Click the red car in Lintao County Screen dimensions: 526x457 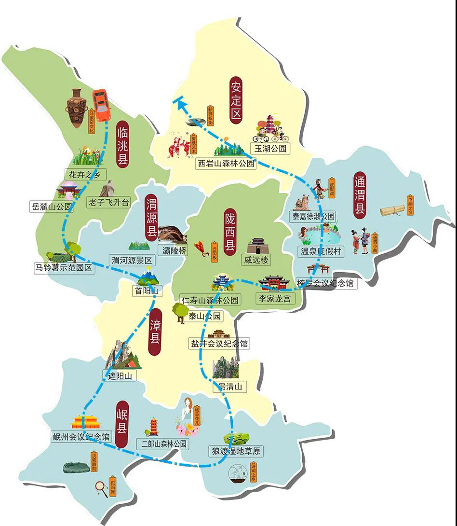tap(101, 105)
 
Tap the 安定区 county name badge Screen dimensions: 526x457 tap(236, 100)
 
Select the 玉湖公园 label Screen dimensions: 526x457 tap(270, 149)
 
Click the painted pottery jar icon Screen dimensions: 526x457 tap(77, 108)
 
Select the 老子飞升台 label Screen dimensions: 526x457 tap(108, 203)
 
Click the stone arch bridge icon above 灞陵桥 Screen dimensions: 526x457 tap(172, 234)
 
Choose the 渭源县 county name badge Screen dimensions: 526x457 tap(152, 218)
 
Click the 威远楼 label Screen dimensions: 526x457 tap(255, 260)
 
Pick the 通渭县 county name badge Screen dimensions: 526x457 tap(360, 196)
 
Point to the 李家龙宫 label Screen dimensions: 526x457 tap(275, 299)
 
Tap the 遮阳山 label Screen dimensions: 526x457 tap(120, 375)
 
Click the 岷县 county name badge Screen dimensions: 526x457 tap(121, 423)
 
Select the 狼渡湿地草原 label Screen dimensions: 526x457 tap(236, 452)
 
